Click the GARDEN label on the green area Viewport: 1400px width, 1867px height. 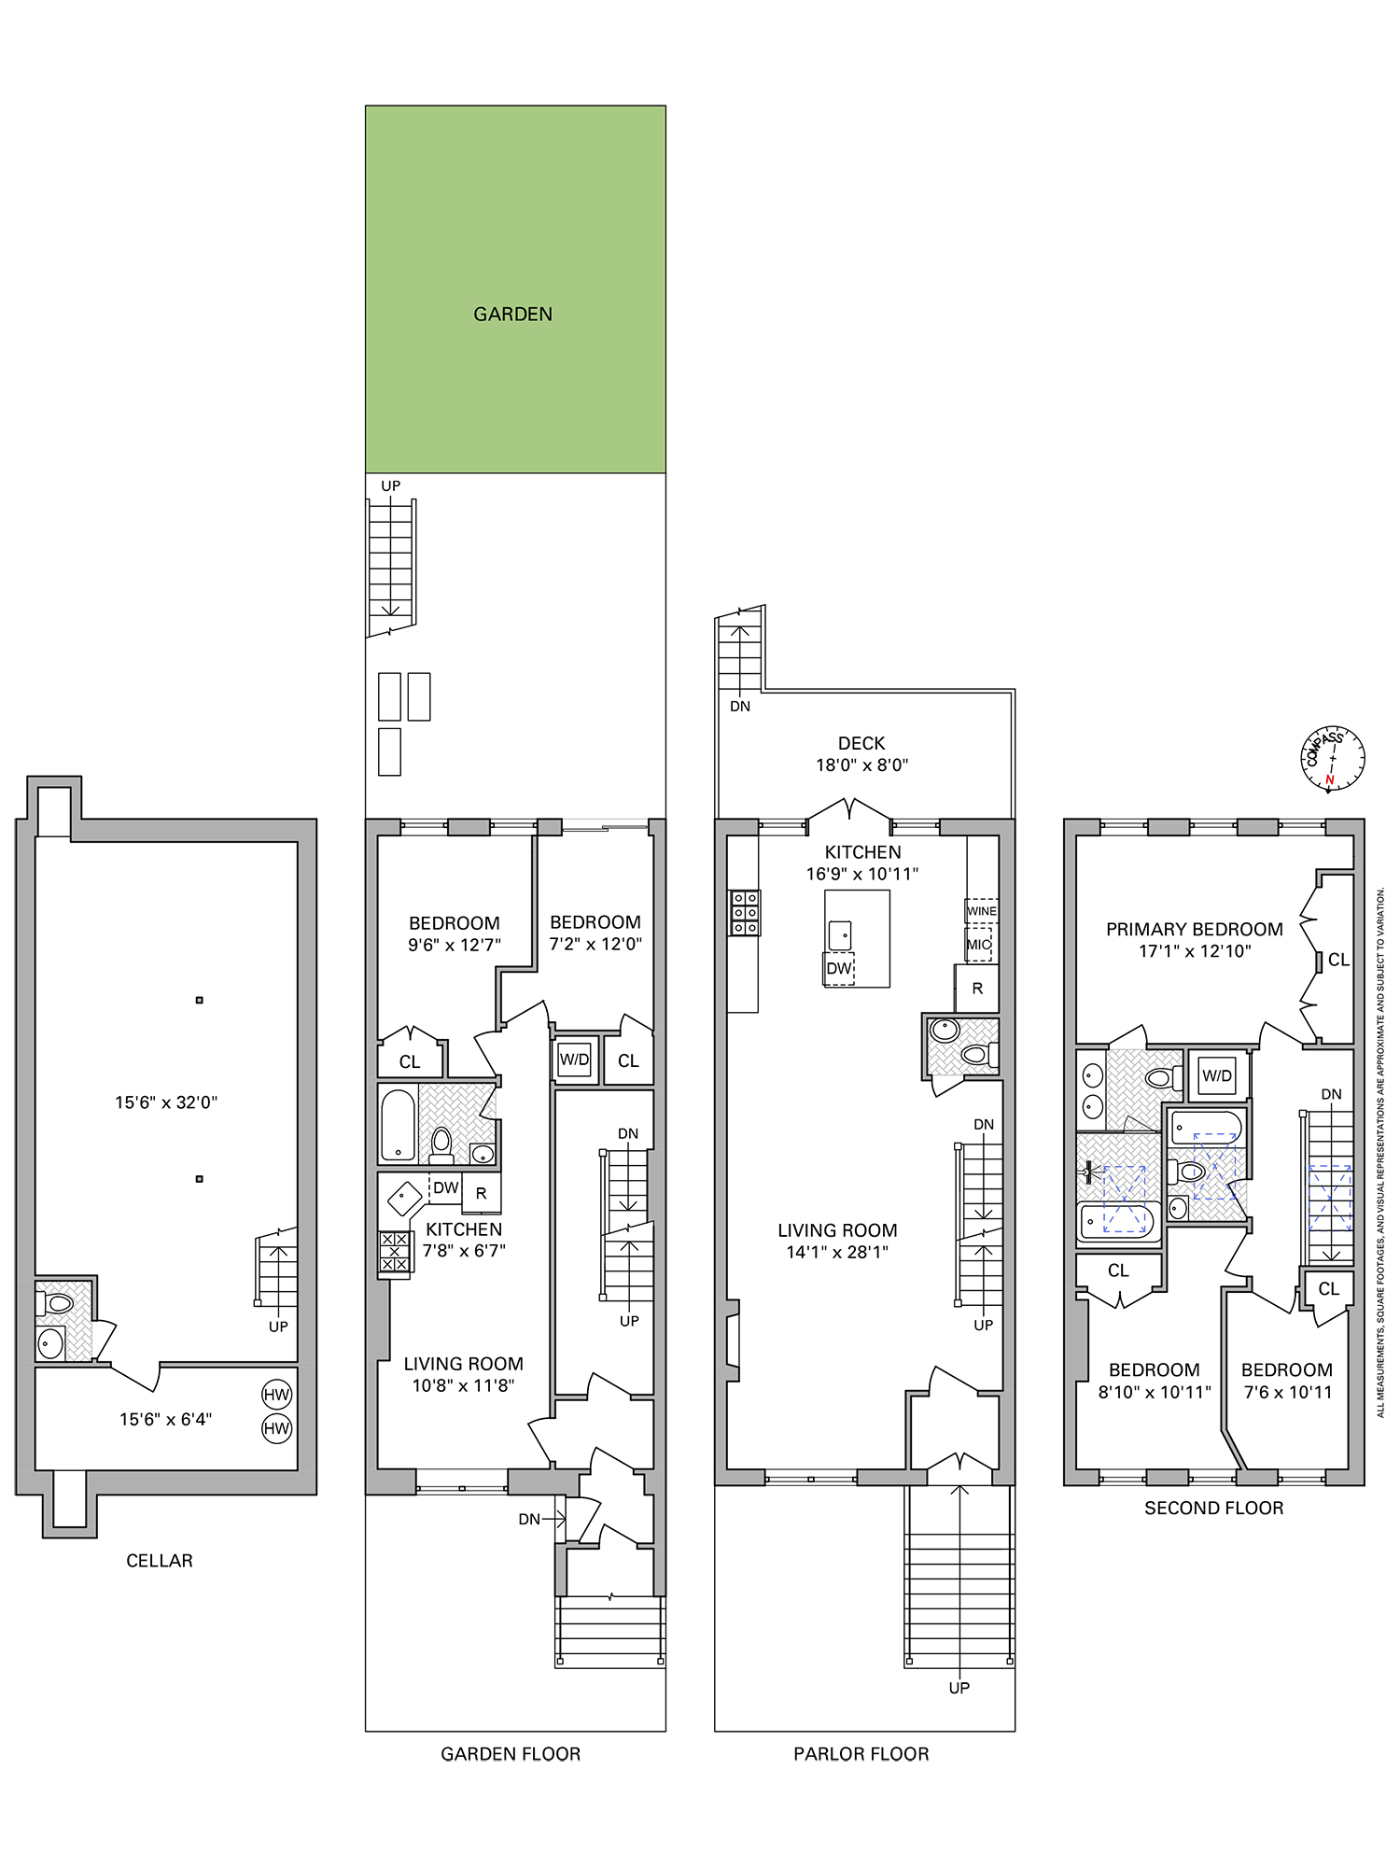[512, 315]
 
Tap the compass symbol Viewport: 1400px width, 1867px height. [1333, 758]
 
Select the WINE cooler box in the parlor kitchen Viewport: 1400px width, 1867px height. [981, 910]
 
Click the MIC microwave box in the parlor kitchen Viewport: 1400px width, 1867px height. [978, 944]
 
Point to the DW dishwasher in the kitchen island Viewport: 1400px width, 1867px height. [839, 968]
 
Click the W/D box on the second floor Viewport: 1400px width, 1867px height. [1217, 1075]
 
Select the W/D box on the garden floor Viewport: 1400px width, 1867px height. [574, 1060]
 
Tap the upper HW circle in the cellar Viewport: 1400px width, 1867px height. [276, 1395]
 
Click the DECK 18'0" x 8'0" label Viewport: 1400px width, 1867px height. [861, 754]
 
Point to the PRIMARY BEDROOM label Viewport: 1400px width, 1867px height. [1194, 930]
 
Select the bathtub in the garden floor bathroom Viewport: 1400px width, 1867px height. [398, 1125]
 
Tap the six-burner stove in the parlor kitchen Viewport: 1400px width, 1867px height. [745, 913]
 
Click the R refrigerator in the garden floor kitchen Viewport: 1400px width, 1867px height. [482, 1193]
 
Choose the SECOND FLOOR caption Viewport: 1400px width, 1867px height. [1213, 1508]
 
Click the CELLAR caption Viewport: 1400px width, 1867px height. [160, 1561]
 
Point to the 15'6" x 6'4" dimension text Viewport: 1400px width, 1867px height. [165, 1420]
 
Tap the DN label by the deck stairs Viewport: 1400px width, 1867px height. [740, 707]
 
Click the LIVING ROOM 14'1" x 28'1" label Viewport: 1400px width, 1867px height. [837, 1241]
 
